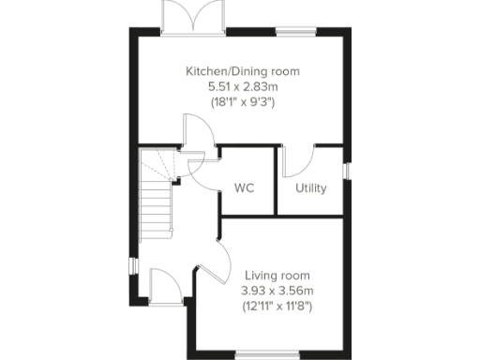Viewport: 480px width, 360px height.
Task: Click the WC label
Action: click(x=245, y=187)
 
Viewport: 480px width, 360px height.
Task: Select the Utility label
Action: click(x=311, y=187)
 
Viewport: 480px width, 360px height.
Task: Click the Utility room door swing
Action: click(x=298, y=161)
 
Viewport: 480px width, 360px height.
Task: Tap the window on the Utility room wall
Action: click(x=347, y=171)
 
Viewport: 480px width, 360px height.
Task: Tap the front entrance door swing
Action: click(x=160, y=283)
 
